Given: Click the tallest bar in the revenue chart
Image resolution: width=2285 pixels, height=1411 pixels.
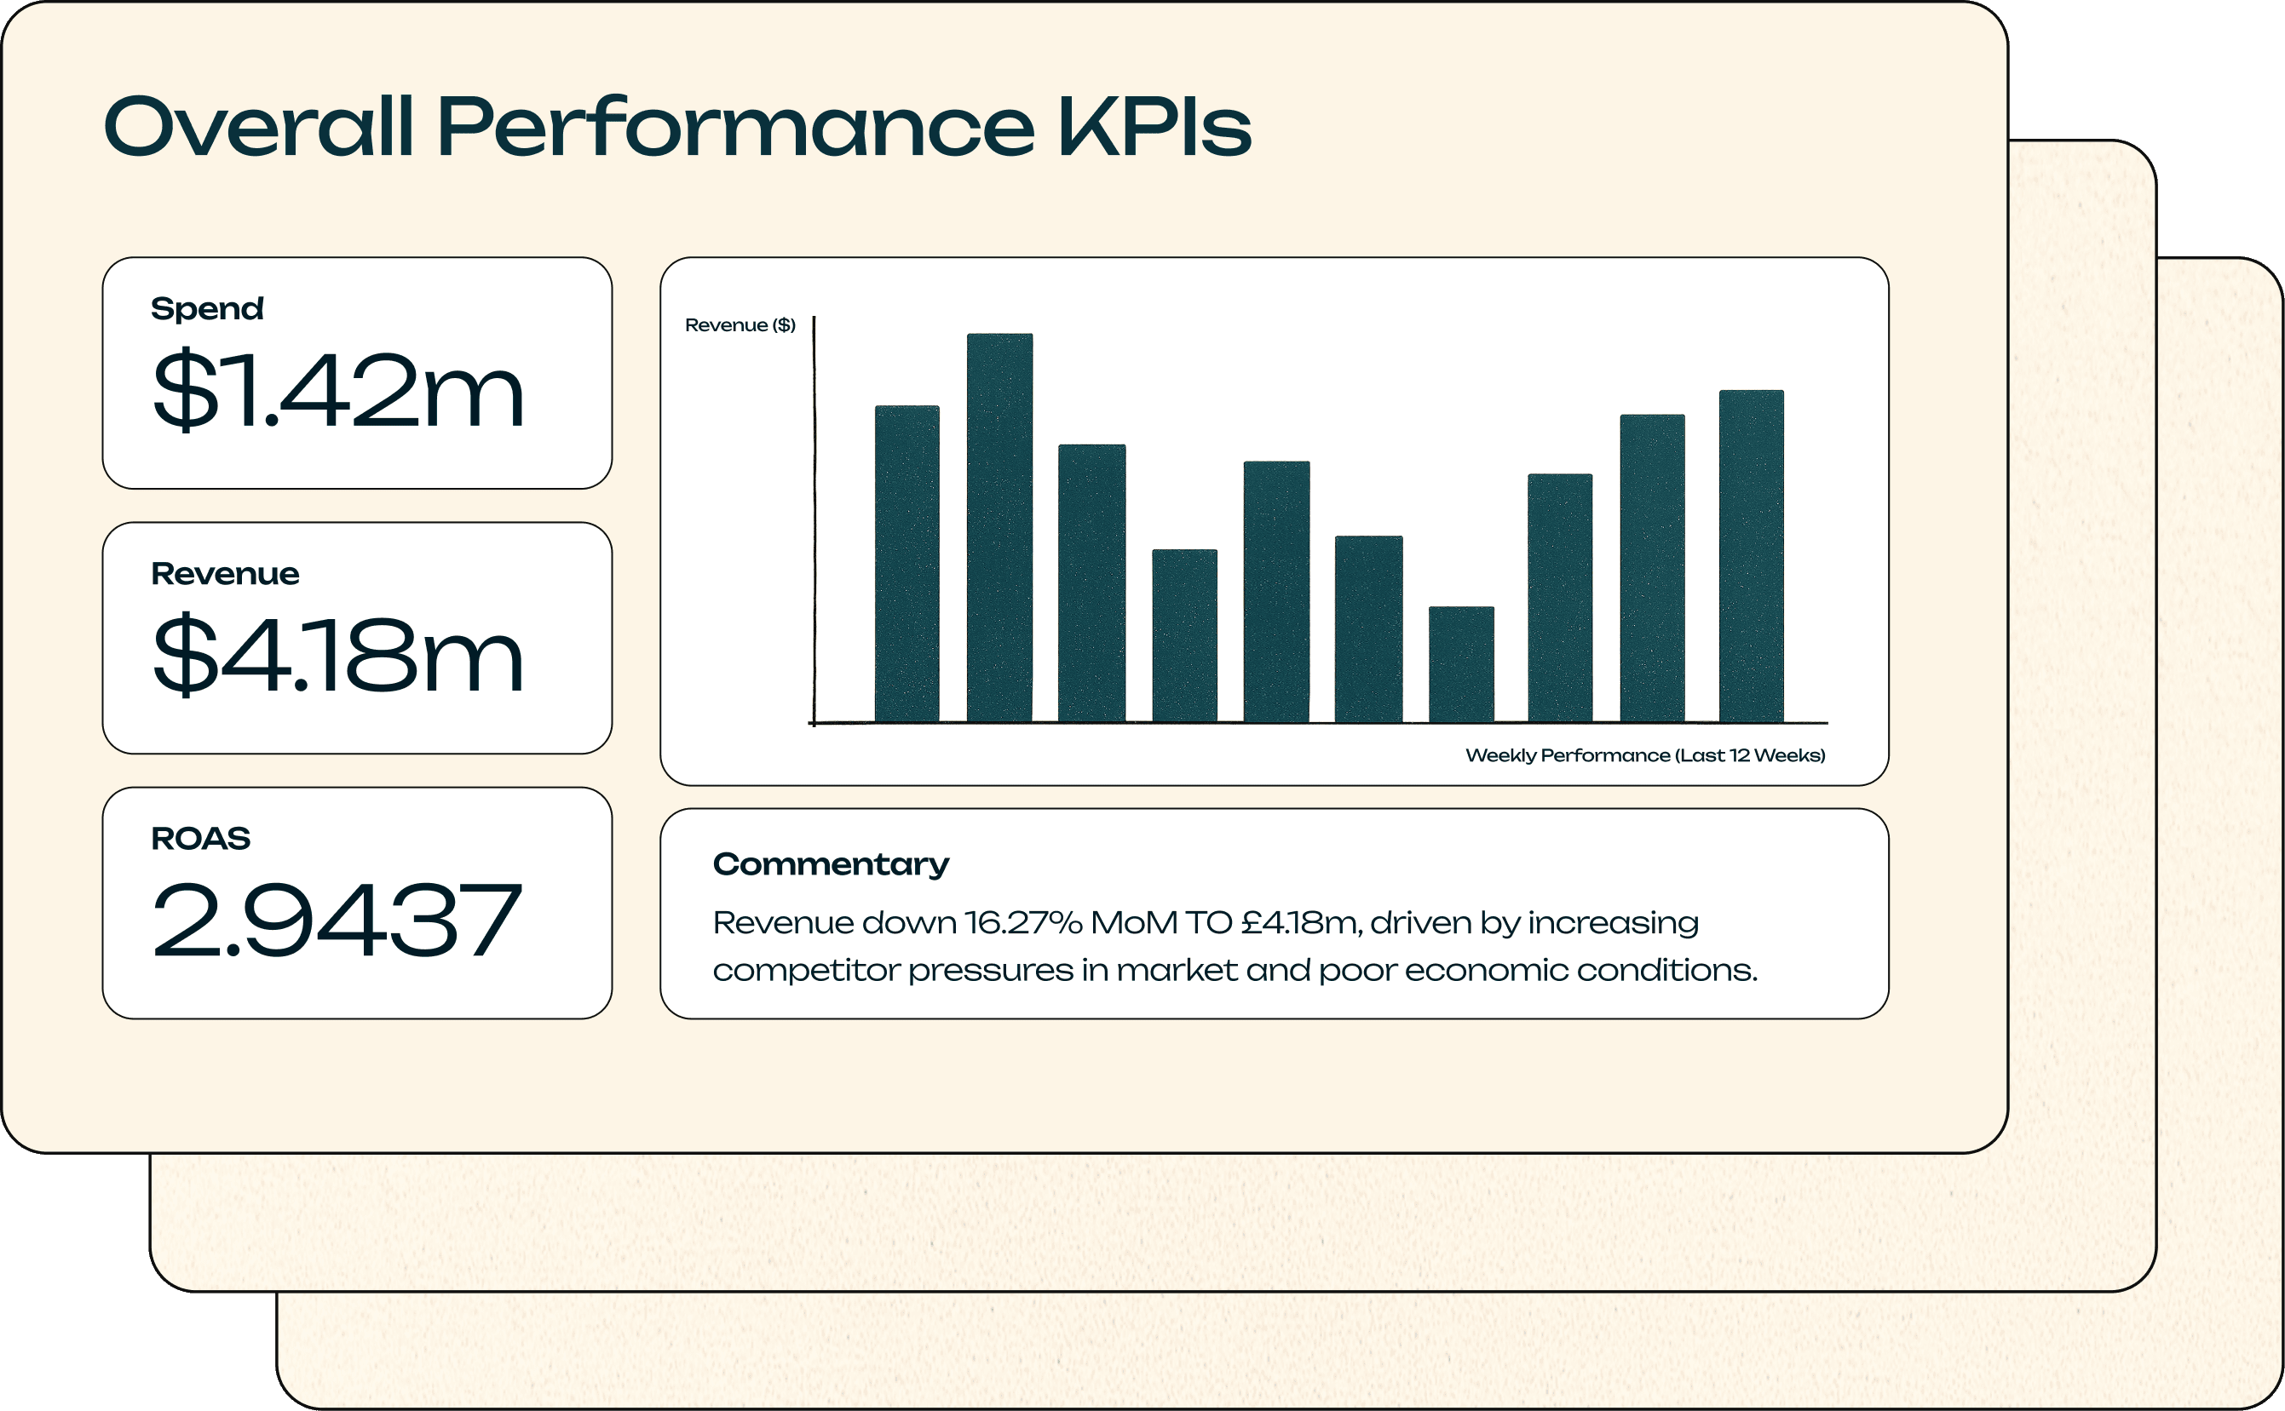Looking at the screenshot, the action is coord(999,527).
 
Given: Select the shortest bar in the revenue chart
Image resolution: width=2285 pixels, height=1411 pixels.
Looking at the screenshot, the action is coord(1462,664).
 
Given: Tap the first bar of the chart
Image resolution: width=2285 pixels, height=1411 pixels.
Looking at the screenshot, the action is coord(907,564).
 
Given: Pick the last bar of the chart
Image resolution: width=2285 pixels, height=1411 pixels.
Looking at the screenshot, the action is coord(1751,556).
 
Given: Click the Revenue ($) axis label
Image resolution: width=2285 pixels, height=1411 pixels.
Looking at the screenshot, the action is coord(740,324).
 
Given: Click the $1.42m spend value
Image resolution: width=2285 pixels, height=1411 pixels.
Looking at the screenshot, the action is coord(338,390).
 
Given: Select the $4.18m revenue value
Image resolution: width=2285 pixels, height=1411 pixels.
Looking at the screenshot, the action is coord(338,654).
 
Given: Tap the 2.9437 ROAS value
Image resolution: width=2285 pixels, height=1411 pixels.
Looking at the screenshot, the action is coord(336,921).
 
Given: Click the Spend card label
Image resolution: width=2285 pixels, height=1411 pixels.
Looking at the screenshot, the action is coord(207,309).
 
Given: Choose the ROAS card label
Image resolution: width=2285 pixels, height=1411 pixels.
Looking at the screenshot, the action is coord(201,838).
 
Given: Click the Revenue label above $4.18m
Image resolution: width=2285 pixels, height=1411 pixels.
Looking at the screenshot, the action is coord(225,573).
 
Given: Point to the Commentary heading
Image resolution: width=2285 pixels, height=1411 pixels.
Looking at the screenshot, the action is coord(831,865).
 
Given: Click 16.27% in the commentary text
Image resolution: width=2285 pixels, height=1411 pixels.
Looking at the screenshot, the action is coord(1023,922).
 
